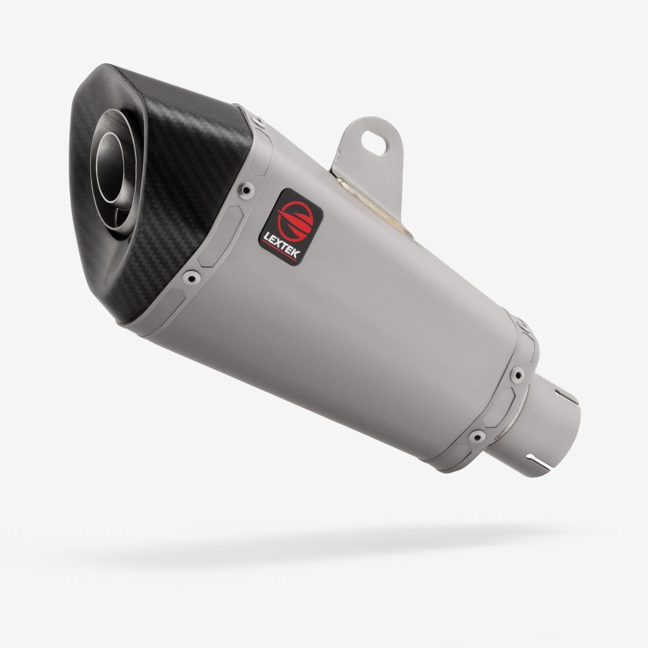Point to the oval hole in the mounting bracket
(373, 137)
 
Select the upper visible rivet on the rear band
(518, 374)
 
